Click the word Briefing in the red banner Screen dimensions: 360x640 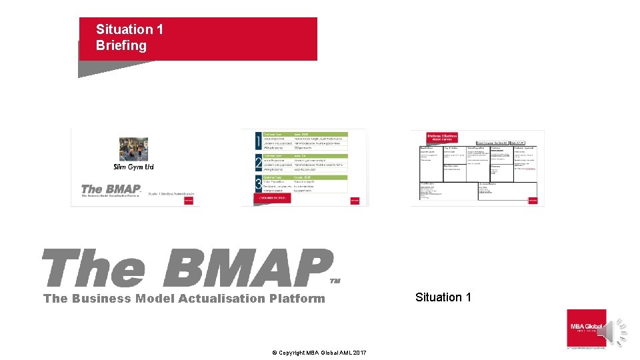click(x=121, y=46)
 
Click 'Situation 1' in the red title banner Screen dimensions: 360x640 click(x=129, y=29)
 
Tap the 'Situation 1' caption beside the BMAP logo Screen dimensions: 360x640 click(x=443, y=297)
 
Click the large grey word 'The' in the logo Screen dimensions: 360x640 click(x=93, y=269)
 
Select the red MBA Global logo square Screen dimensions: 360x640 click(x=586, y=327)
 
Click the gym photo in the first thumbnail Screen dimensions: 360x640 click(x=133, y=149)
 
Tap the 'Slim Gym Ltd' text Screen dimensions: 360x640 click(x=133, y=167)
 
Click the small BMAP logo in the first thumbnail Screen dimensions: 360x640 click(x=111, y=189)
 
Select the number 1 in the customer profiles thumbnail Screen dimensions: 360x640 click(x=259, y=141)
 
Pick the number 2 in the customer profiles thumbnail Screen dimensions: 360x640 click(x=259, y=163)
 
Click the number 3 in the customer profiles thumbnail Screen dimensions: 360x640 click(x=259, y=184)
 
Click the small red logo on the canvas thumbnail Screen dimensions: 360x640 click(x=533, y=199)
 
